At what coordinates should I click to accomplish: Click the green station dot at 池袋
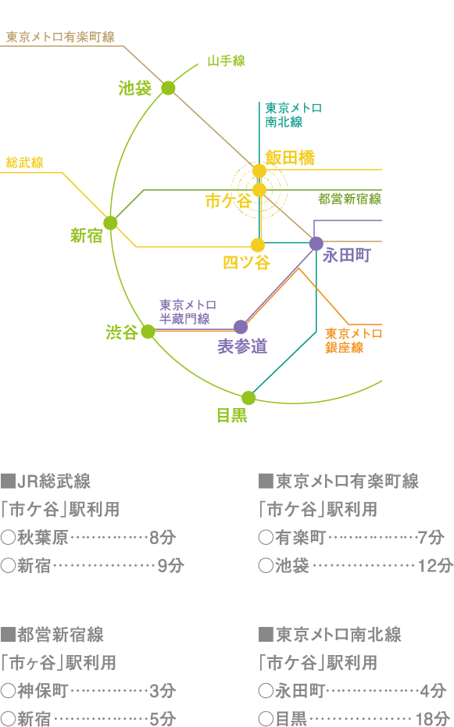coord(168,88)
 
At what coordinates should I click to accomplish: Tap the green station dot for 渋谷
coord(148,331)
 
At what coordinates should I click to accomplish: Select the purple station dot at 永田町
coord(316,243)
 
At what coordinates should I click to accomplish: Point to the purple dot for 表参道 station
coord(241,327)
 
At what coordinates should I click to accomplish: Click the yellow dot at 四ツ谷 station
coord(258,245)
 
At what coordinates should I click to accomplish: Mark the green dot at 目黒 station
coord(248,398)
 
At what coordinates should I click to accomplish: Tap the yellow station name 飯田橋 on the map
coord(289,157)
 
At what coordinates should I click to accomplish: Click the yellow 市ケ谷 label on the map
coord(228,201)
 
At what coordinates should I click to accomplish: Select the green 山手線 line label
coord(226,60)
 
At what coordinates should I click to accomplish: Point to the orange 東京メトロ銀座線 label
coord(353,340)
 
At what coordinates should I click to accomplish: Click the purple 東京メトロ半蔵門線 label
coord(188,311)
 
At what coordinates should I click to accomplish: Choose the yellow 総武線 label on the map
coord(24,163)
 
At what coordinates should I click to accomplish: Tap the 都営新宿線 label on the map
coord(349,199)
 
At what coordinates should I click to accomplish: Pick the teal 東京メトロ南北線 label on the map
coord(293,115)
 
